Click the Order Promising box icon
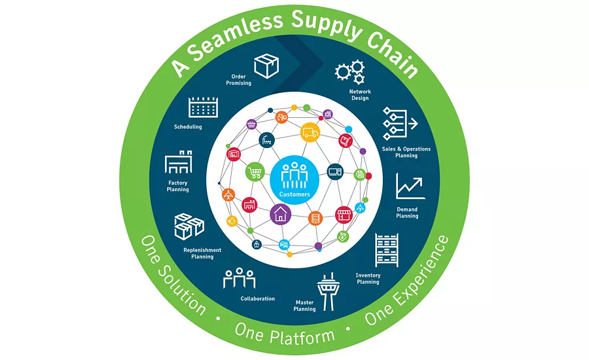tap(266, 65)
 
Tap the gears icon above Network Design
tap(350, 71)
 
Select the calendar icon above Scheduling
tap(203, 107)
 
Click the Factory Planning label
tap(177, 186)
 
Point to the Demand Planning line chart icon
tap(410, 186)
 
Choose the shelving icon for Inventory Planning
tap(387, 250)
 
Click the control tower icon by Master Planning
tap(328, 292)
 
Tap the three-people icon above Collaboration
tap(240, 278)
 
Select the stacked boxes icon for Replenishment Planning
tap(189, 226)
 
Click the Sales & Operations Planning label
tap(406, 153)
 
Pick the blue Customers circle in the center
tap(294, 180)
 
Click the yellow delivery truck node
tap(310, 132)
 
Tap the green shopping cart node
tap(255, 172)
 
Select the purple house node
tap(281, 214)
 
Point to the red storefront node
tap(344, 215)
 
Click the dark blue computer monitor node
tap(335, 171)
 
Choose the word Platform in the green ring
tap(302, 336)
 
